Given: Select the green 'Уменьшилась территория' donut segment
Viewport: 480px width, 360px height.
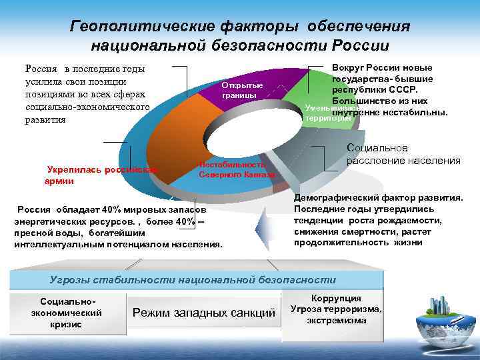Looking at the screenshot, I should (x=320, y=100).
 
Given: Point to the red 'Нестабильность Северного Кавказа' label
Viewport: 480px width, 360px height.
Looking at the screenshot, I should (x=237, y=169).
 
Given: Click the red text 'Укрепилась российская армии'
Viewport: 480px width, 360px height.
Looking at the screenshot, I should (x=100, y=175).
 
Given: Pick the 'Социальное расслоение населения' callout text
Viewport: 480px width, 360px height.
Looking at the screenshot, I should (x=403, y=155).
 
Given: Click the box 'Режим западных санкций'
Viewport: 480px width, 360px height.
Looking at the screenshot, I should (x=204, y=313).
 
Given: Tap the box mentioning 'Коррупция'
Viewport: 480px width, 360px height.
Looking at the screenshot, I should (x=336, y=309).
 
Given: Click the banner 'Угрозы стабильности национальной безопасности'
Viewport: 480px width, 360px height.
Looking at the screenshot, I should (x=193, y=279).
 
